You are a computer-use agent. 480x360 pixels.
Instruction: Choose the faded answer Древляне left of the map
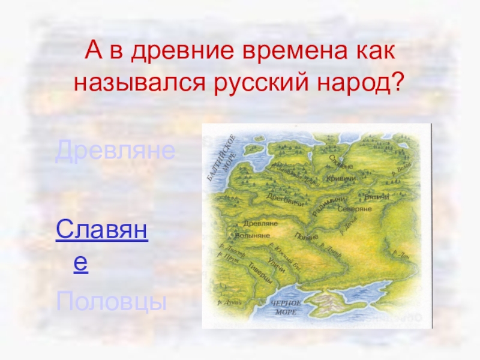tap(115, 152)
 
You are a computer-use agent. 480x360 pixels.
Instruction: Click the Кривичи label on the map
tap(341, 178)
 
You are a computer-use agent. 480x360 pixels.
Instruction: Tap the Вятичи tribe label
tap(377, 197)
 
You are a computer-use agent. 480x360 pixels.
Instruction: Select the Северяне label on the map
tap(355, 209)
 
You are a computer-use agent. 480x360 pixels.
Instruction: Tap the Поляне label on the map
tap(307, 237)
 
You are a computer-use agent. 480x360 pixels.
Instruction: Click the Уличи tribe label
tap(277, 261)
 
